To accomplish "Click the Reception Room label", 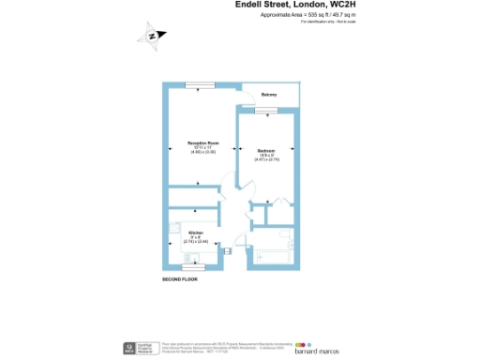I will [198, 142].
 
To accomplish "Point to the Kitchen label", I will [196, 232].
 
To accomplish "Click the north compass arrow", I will [153, 37].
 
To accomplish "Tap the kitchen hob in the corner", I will [175, 227].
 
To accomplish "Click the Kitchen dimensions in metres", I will [197, 242].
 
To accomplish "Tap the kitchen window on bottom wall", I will [193, 269].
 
